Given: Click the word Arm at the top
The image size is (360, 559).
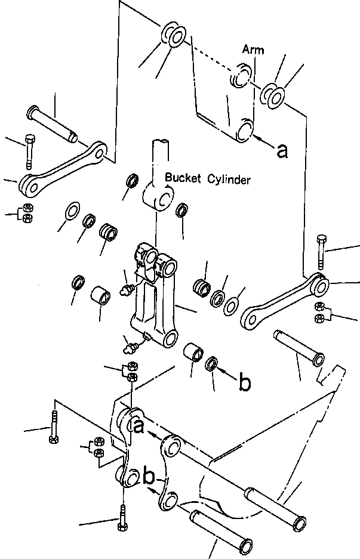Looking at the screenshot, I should (x=253, y=50).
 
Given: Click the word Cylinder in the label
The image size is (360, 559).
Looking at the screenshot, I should (x=229, y=179).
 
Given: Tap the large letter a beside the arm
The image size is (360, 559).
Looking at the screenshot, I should (x=282, y=152).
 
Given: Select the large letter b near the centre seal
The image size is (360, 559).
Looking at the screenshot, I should (x=245, y=384).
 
